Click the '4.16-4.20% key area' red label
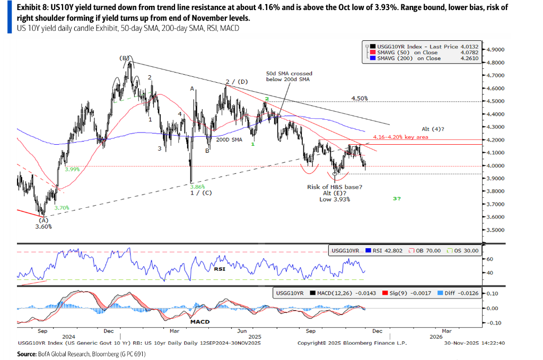(400, 137)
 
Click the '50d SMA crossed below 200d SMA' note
(289, 76)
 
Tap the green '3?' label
(397, 198)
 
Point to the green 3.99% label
(72, 170)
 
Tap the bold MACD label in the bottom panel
(199, 321)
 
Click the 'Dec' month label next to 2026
(377, 331)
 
